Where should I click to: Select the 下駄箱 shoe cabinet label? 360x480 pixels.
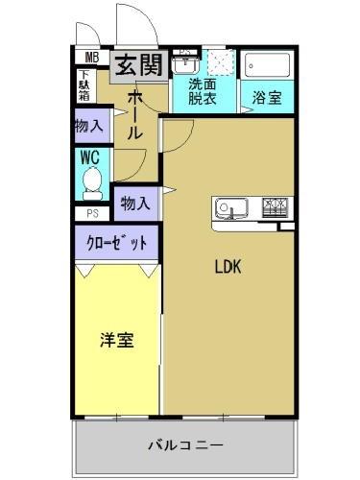(x=85, y=86)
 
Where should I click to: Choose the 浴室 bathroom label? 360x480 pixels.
(x=266, y=98)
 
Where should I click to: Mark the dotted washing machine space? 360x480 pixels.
(x=221, y=63)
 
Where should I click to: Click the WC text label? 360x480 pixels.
(x=90, y=156)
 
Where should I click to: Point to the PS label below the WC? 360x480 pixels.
(x=92, y=213)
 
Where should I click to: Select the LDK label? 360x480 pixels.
(x=227, y=268)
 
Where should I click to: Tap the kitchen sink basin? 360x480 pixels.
(x=232, y=207)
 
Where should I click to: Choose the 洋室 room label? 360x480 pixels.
(x=117, y=340)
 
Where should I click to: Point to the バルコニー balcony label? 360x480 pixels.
(x=185, y=444)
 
